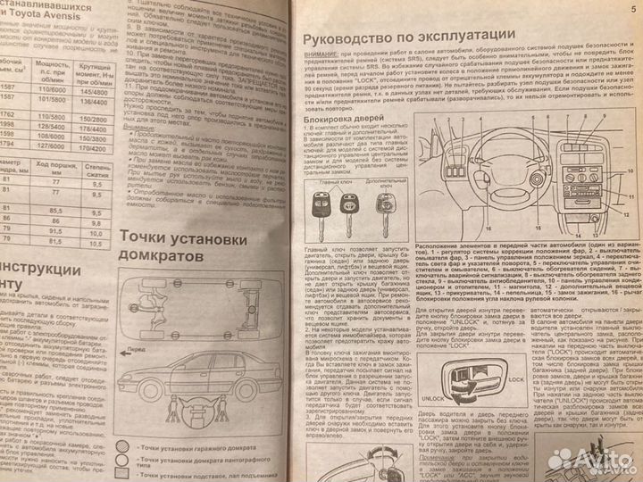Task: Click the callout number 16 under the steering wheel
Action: coord(499,234)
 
